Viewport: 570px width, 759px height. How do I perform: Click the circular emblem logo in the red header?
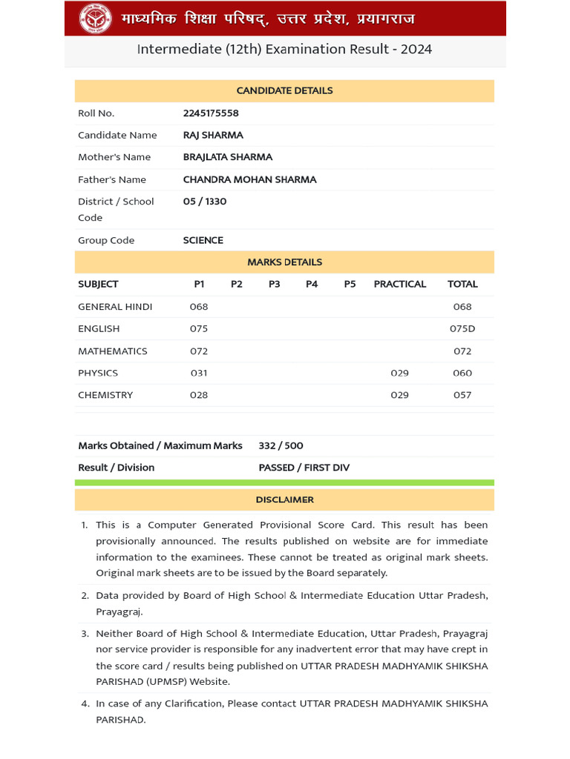95,19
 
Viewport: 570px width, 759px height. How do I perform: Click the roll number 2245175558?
211,113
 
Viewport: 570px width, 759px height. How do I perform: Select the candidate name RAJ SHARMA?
213,135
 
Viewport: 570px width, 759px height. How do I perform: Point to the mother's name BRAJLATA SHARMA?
228,157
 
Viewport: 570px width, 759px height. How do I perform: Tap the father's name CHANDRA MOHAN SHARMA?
249,179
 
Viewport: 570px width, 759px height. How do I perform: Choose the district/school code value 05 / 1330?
205,202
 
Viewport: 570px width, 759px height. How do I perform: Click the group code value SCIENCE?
203,240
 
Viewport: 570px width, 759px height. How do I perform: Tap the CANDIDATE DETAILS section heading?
284,90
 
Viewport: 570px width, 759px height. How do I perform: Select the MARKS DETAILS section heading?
284,262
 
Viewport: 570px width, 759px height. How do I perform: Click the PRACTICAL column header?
400,284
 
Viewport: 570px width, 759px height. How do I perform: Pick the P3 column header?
275,284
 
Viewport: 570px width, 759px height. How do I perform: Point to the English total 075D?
462,328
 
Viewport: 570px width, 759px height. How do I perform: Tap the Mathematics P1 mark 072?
199,351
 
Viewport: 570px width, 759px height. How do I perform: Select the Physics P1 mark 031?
199,373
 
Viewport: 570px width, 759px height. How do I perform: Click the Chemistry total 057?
462,395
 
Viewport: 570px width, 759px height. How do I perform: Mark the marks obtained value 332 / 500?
281,445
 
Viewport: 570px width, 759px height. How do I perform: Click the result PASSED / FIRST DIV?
304,468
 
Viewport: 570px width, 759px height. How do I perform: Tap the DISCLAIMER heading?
284,500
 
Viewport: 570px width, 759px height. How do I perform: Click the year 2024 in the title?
416,50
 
